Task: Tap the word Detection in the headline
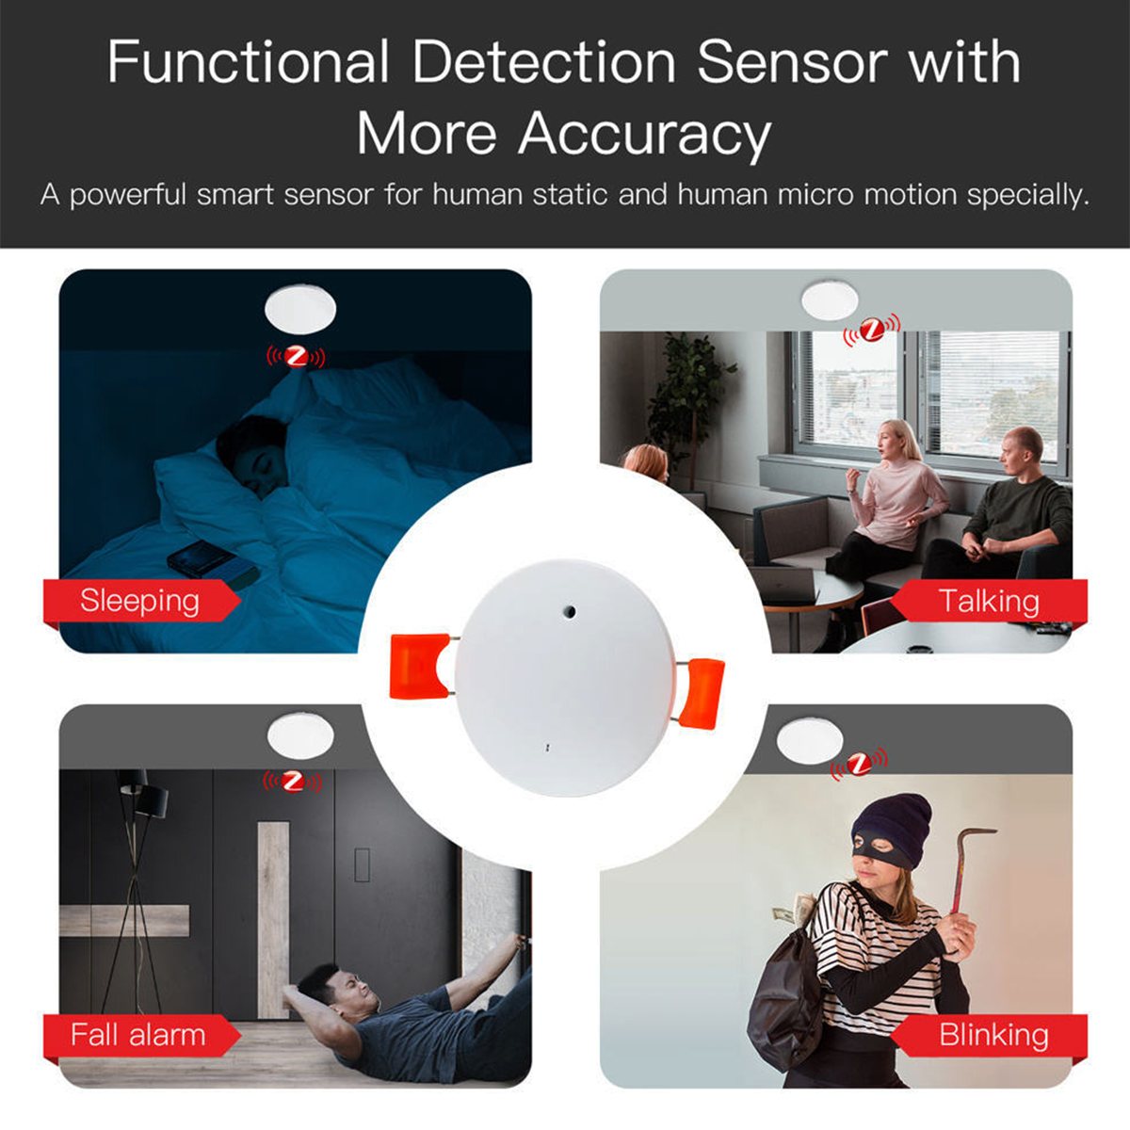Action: pyautogui.click(x=543, y=63)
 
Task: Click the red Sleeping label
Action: pyautogui.click(x=139, y=601)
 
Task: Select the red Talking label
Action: pyautogui.click(x=989, y=601)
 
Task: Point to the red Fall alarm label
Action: pyautogui.click(x=138, y=1035)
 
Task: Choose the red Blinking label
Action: pyautogui.click(x=993, y=1035)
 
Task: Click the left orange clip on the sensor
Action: pyautogui.click(x=417, y=666)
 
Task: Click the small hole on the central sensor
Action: pyautogui.click(x=569, y=610)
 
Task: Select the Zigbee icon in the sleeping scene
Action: pyautogui.click(x=297, y=357)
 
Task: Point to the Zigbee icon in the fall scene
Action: pyautogui.click(x=293, y=781)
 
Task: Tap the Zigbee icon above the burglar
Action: pyautogui.click(x=859, y=764)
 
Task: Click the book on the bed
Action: pyautogui.click(x=212, y=563)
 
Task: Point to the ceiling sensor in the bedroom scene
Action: pyautogui.click(x=300, y=310)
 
